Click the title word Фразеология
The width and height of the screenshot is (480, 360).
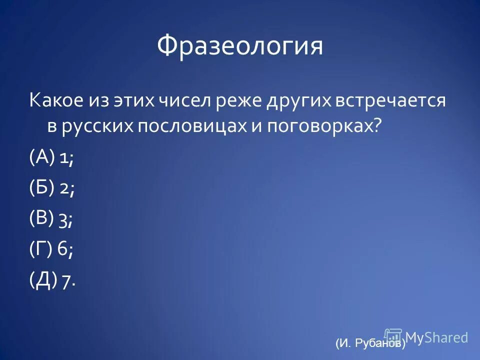[x=240, y=47]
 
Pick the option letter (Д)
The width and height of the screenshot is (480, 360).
[x=42, y=280]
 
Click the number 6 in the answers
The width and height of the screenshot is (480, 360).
[x=64, y=249]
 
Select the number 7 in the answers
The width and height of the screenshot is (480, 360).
[x=67, y=282]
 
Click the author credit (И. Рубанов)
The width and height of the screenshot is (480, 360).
[x=370, y=343]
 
